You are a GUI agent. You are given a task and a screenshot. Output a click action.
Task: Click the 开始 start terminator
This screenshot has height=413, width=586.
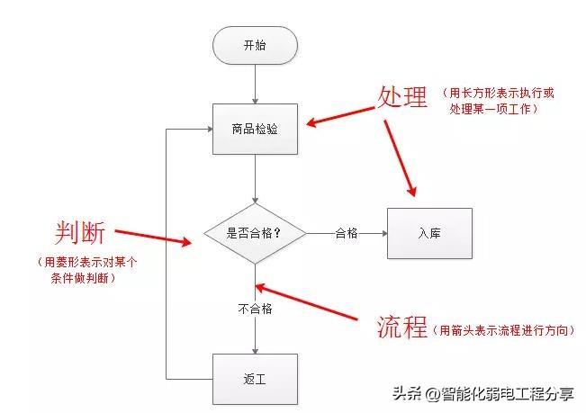pyautogui.click(x=255, y=46)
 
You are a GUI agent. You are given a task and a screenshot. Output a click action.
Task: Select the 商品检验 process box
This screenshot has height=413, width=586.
pyautogui.click(x=255, y=129)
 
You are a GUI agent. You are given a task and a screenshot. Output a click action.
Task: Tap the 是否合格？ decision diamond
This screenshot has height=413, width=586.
pyautogui.click(x=255, y=233)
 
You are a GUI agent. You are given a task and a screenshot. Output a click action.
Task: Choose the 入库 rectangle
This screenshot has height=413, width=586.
pyautogui.click(x=428, y=233)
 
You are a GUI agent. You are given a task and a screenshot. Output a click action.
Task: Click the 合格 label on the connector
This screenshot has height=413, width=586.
pyautogui.click(x=347, y=233)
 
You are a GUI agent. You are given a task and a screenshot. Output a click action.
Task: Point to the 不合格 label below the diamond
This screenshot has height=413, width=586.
pyautogui.click(x=255, y=309)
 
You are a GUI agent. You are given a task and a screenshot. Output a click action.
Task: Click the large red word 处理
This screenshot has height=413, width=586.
pyautogui.click(x=402, y=98)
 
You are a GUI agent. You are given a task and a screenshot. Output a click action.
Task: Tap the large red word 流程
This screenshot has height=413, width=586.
pyautogui.click(x=402, y=328)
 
